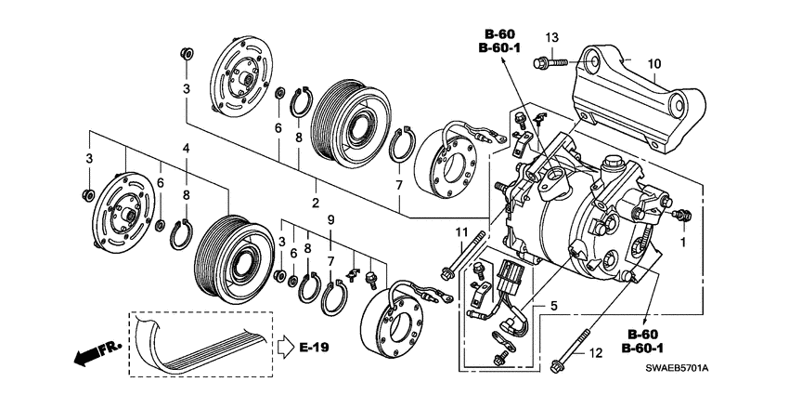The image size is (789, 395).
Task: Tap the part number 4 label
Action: coord(186,148)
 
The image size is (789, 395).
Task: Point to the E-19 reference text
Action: coord(315,348)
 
